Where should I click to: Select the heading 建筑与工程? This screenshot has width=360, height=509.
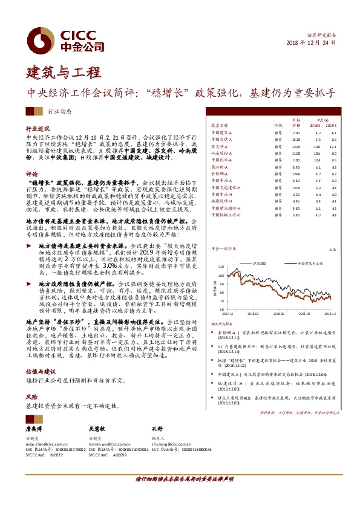click(63, 73)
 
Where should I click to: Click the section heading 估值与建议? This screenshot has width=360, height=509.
click(41, 371)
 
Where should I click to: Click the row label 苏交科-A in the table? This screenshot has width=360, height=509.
click(218, 146)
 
